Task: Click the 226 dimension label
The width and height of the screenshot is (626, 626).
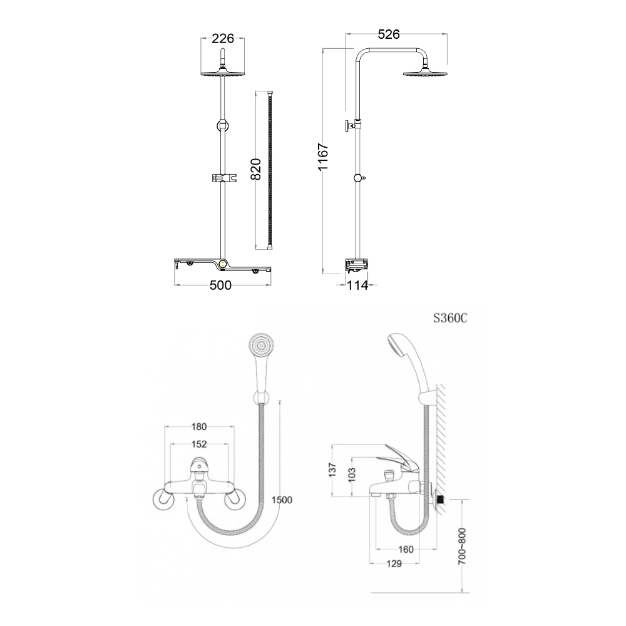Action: (223, 39)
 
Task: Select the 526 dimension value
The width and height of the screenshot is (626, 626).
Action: (389, 35)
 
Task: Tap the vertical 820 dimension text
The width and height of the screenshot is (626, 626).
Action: (256, 169)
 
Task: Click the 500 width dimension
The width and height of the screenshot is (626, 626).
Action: (220, 285)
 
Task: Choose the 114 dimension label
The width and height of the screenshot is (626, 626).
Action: (357, 285)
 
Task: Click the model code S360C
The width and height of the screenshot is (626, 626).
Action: (450, 317)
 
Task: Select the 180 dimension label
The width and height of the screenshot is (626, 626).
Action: (198, 428)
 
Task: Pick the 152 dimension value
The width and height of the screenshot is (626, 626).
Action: (198, 444)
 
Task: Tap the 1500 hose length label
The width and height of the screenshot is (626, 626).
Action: (282, 500)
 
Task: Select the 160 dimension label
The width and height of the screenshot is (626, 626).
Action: (405, 550)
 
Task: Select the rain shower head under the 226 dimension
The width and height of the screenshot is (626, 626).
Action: (222, 73)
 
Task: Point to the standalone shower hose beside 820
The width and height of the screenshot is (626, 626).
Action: (270, 169)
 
